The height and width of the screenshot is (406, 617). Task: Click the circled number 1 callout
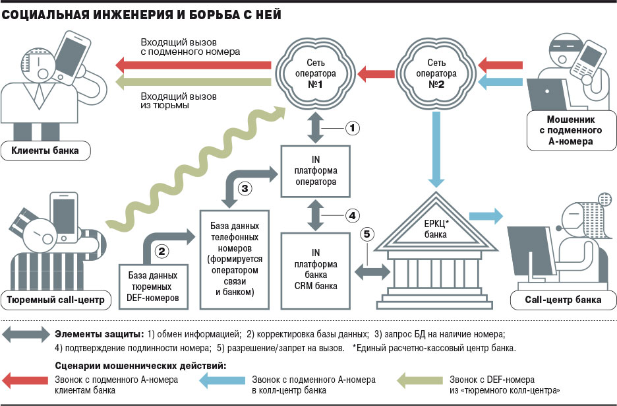click(x=353, y=127)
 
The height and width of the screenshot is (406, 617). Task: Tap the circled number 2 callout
click(x=162, y=251)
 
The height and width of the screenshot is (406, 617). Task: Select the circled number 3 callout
click(x=244, y=188)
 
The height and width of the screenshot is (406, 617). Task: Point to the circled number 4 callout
click(x=353, y=215)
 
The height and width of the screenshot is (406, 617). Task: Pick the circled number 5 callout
click(x=367, y=233)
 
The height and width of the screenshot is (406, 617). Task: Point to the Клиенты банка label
click(x=45, y=151)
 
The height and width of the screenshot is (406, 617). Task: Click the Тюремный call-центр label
click(x=55, y=301)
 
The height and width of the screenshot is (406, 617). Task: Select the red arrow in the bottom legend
click(x=22, y=380)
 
